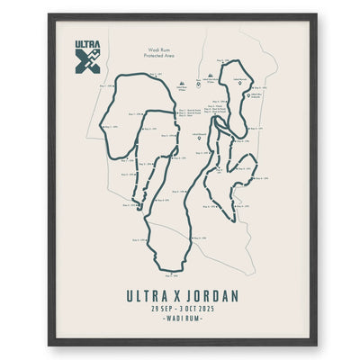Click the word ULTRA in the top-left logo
click(88, 44)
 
